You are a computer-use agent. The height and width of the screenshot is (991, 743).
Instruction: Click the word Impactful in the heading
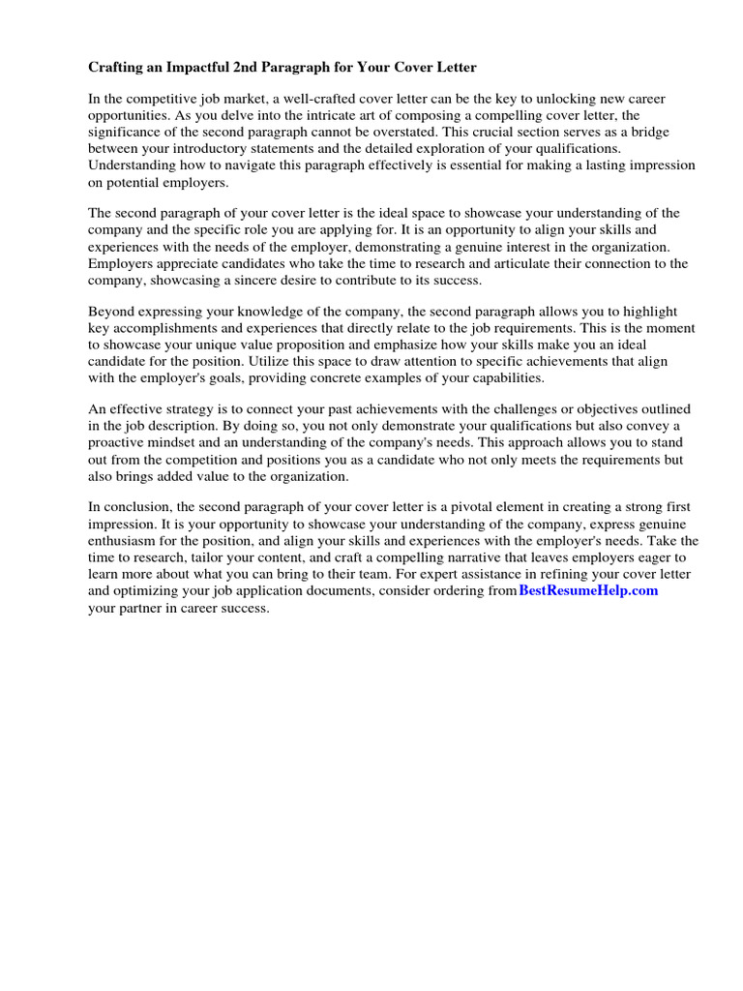(x=193, y=68)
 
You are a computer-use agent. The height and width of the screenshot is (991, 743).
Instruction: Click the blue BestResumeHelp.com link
(x=588, y=589)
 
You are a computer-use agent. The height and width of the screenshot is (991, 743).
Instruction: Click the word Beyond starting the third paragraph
(x=112, y=312)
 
